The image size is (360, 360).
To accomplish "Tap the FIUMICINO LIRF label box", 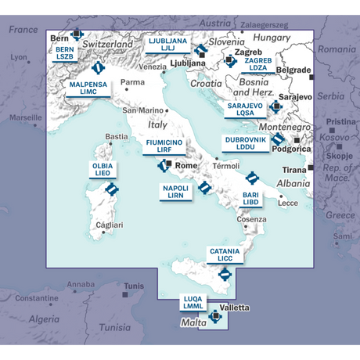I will [x=164, y=146].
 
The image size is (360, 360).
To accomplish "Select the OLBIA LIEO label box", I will [x=103, y=170].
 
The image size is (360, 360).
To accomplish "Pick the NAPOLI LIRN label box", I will [x=175, y=192].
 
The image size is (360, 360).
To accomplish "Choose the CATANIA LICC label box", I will [x=225, y=255].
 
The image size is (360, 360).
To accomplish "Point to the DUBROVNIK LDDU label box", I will [x=246, y=142].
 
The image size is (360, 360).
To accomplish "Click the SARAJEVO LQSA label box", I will [x=245, y=109].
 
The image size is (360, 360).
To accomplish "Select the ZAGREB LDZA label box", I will [x=257, y=63].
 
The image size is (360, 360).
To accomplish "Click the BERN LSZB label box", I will [x=65, y=52].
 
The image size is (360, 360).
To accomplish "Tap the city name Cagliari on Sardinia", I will [x=109, y=225].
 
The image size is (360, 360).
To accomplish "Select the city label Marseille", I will [x=25, y=117].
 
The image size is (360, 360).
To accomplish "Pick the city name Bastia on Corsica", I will [x=116, y=136].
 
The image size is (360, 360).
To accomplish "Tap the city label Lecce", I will [x=288, y=203].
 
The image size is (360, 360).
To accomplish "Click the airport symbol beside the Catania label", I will [x=225, y=274].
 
